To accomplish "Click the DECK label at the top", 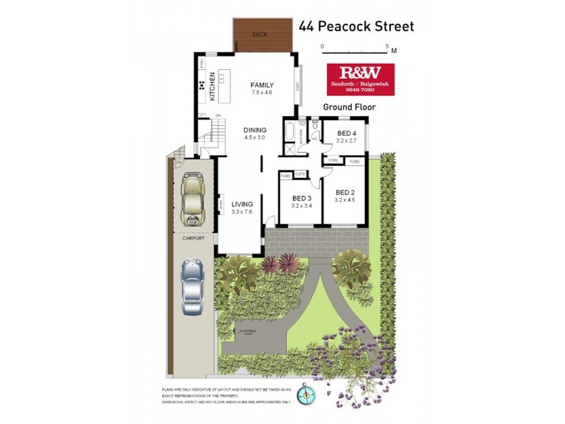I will click(x=261, y=33).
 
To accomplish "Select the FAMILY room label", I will click(x=261, y=86).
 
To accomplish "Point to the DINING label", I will click(x=255, y=130).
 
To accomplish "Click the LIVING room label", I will click(x=242, y=204).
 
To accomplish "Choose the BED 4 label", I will click(x=346, y=134).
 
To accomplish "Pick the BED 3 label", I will click(x=302, y=198).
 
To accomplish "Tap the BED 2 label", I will click(x=345, y=192).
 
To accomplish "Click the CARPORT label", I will click(x=193, y=239).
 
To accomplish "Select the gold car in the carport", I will click(x=192, y=199).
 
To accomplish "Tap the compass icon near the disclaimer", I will click(x=305, y=393).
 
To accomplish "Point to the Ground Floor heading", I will click(x=349, y=107).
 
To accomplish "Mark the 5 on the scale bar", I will click(x=386, y=45).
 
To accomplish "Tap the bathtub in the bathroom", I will click(x=290, y=132).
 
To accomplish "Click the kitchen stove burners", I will click(x=202, y=86).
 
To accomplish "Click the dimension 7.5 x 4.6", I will click(x=261, y=93).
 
